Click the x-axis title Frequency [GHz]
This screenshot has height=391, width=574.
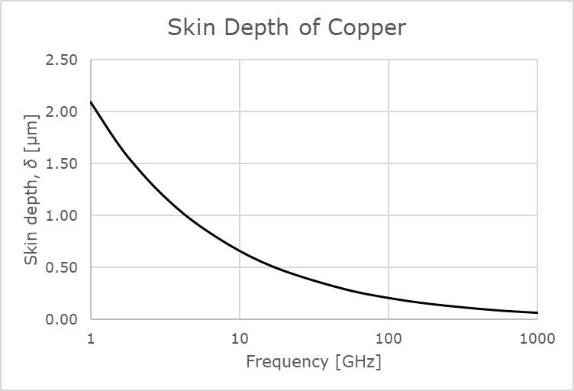pos(314,360)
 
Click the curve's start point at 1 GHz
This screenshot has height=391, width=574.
pos(91,102)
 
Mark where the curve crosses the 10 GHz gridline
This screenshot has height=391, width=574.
pos(240,250)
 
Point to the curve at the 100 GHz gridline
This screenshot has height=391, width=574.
pos(389,298)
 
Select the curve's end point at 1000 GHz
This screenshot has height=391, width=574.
pos(537,312)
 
